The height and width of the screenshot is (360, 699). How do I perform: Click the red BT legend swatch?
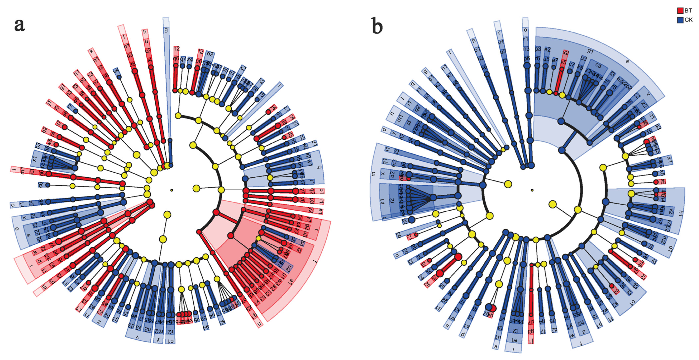point(680,11)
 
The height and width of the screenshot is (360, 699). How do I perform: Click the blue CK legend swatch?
point(680,20)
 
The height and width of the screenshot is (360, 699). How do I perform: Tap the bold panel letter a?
point(20,25)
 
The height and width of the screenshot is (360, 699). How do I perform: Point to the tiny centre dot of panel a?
point(171,190)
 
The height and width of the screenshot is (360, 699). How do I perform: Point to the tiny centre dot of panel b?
point(532,190)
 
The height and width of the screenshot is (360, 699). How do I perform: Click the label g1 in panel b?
point(590,51)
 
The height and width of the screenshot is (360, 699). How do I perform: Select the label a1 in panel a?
point(291,280)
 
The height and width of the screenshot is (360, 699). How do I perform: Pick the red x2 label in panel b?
point(566,53)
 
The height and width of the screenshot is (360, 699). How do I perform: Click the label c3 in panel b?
point(598,65)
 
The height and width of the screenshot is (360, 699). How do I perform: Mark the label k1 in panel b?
point(382,201)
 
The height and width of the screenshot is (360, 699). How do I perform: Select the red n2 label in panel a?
point(176,49)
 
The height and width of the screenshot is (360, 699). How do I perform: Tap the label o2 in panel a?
point(210,54)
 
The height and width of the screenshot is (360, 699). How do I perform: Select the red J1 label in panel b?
point(531,341)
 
